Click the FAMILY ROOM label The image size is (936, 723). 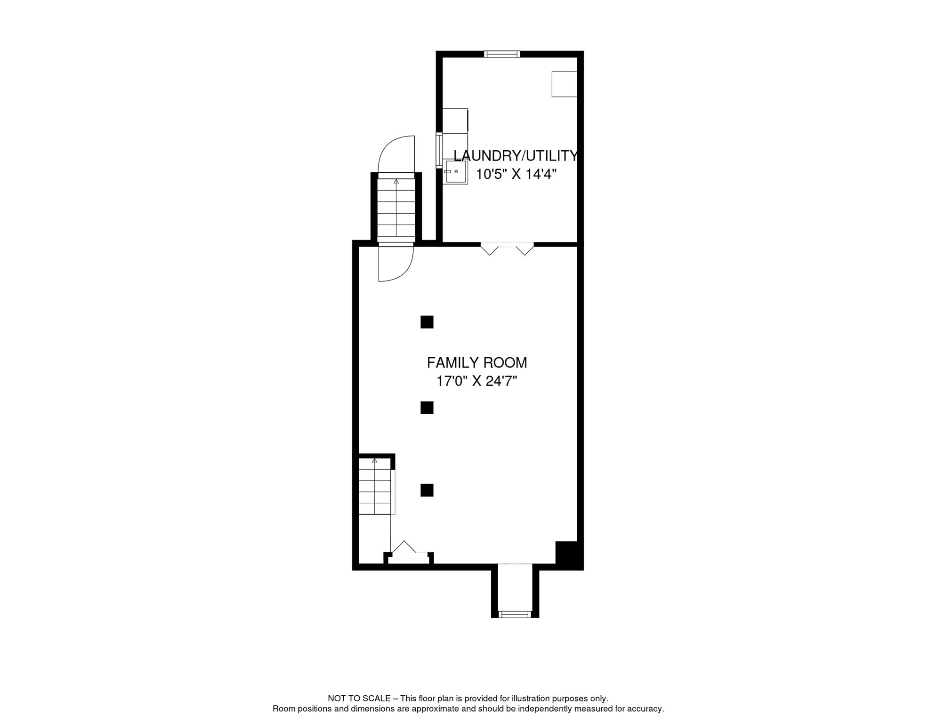click(x=476, y=363)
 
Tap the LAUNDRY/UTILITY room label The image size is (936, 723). click(x=515, y=156)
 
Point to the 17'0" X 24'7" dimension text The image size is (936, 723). click(x=476, y=381)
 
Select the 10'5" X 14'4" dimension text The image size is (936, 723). click(x=516, y=175)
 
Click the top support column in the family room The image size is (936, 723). click(x=427, y=322)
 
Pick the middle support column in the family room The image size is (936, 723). click(x=427, y=408)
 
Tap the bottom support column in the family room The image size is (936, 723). click(x=427, y=490)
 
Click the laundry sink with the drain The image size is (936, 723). click(x=455, y=172)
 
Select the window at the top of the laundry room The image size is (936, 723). click(x=502, y=54)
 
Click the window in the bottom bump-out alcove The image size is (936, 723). click(x=515, y=614)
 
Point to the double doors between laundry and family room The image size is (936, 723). click(x=507, y=248)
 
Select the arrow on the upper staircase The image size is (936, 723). click(x=396, y=182)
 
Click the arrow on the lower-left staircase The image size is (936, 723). click(x=375, y=461)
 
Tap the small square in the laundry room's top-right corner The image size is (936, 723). click(x=564, y=84)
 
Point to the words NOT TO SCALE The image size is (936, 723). click(x=359, y=699)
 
